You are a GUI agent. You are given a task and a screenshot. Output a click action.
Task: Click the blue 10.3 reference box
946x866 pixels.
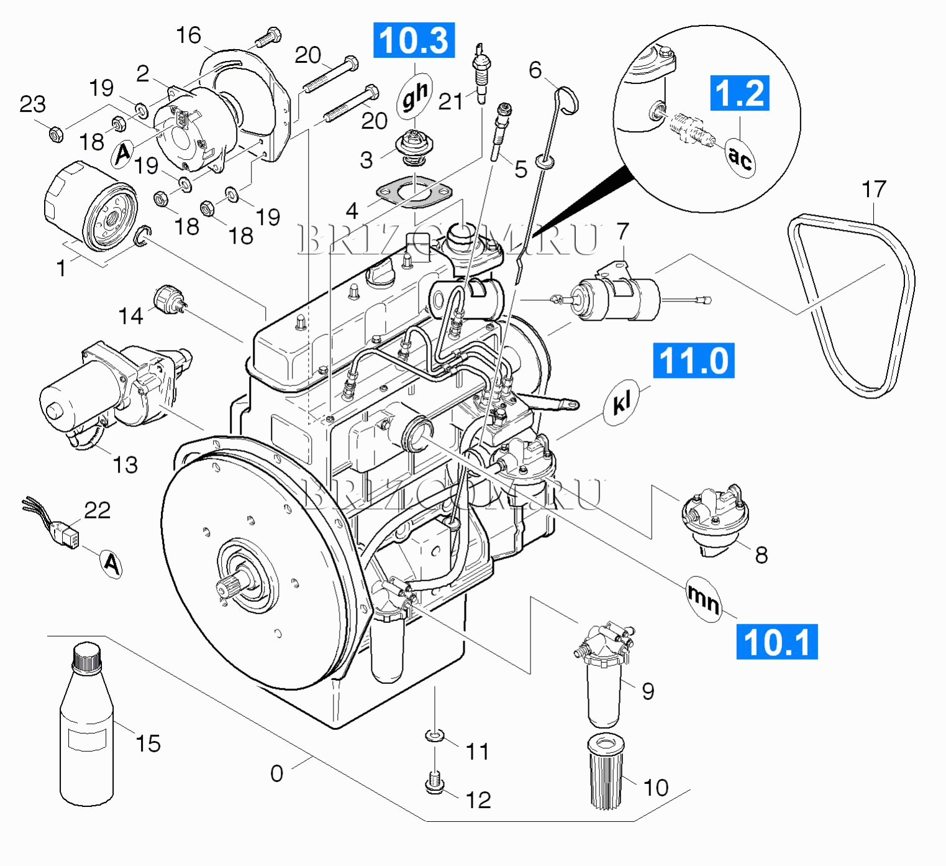(x=414, y=40)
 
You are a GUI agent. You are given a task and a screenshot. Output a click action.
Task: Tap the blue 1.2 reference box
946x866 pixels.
(x=739, y=93)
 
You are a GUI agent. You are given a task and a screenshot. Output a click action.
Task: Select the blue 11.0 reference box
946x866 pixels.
(x=693, y=361)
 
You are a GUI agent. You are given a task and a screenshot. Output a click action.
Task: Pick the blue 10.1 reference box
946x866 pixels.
(x=776, y=642)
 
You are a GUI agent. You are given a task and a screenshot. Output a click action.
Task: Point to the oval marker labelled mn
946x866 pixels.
(x=704, y=598)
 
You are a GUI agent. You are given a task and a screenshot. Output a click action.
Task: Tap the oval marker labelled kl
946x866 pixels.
(x=621, y=403)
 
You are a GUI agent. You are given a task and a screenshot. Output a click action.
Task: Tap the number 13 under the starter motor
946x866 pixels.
(x=125, y=464)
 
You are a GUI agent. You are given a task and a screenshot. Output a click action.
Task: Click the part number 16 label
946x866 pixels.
(x=188, y=35)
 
